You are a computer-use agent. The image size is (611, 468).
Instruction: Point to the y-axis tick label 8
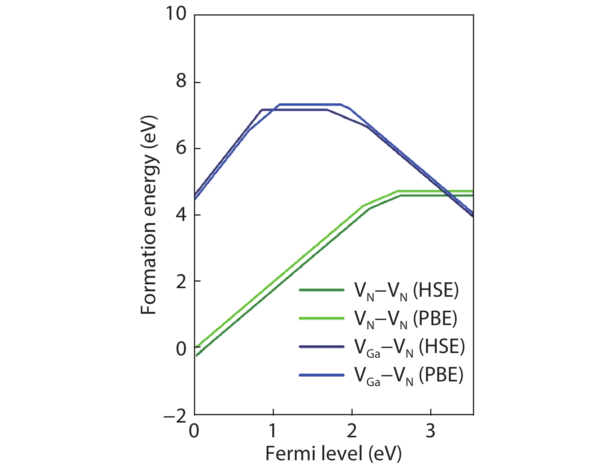[x=181, y=82]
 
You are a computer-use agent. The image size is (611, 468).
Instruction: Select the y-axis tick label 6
[x=181, y=148]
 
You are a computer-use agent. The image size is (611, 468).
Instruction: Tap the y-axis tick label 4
[x=181, y=214]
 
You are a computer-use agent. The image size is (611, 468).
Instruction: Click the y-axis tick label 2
[x=181, y=282]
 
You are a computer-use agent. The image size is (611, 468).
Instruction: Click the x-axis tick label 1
[x=273, y=431]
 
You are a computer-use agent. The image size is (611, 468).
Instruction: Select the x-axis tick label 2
[x=351, y=431]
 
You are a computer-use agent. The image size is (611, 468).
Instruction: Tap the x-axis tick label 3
[x=430, y=431]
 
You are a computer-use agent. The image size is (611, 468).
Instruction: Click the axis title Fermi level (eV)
[x=333, y=453]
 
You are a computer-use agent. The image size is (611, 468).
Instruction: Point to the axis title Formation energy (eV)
[x=149, y=215]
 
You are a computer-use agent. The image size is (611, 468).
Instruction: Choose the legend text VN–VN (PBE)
[x=405, y=319]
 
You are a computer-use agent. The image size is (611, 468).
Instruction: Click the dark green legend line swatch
[x=322, y=290]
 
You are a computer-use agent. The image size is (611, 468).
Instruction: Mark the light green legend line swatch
[x=322, y=318]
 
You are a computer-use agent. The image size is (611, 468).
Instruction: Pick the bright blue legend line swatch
[x=322, y=375]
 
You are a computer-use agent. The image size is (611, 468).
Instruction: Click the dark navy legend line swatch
[x=322, y=346]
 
